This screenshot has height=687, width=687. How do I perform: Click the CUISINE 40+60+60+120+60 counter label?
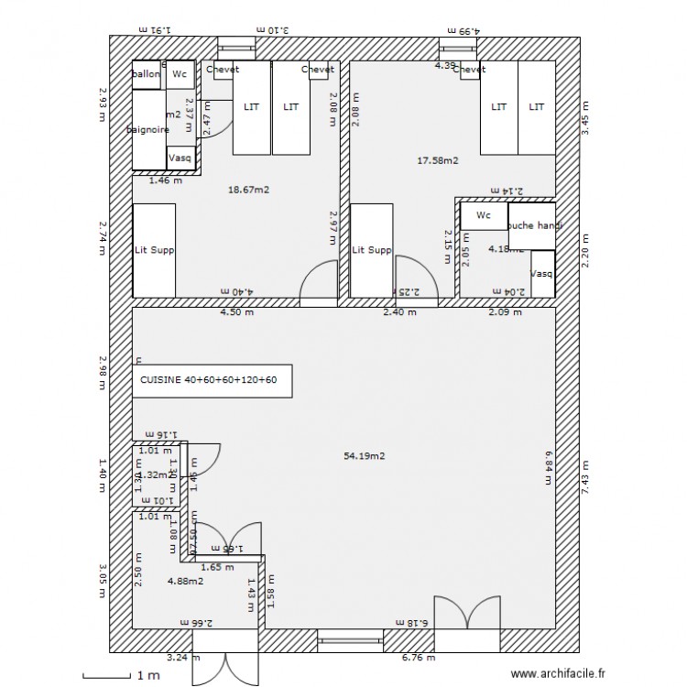click(209, 379)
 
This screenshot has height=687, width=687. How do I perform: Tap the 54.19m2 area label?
click(364, 455)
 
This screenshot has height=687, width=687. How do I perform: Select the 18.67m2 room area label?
click(247, 190)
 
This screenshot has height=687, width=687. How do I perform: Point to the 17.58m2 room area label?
click(438, 160)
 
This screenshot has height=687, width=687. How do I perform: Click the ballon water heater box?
click(147, 75)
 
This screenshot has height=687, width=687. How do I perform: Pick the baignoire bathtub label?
click(148, 130)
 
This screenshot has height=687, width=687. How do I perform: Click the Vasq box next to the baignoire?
click(180, 158)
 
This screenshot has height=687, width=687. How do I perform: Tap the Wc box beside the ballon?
click(180, 75)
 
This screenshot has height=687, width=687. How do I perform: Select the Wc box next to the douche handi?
click(484, 216)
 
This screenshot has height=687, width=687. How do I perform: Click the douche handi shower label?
click(533, 225)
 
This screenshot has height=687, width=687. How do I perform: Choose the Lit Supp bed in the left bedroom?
click(154, 250)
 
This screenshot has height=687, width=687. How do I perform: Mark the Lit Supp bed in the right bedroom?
click(372, 250)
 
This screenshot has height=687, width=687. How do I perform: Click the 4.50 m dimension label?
click(236, 311)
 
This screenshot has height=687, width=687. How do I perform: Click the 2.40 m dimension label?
click(399, 311)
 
